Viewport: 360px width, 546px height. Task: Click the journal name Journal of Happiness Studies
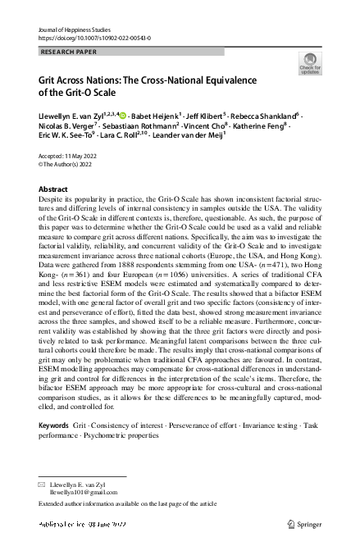(75, 29)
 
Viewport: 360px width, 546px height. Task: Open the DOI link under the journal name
(94, 38)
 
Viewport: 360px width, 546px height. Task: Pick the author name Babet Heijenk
(154, 117)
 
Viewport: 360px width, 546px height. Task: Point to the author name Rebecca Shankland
(267, 117)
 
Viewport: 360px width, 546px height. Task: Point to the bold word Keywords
(54, 428)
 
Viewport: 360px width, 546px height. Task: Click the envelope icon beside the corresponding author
(43, 486)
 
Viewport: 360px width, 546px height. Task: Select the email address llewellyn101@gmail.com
(86, 495)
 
